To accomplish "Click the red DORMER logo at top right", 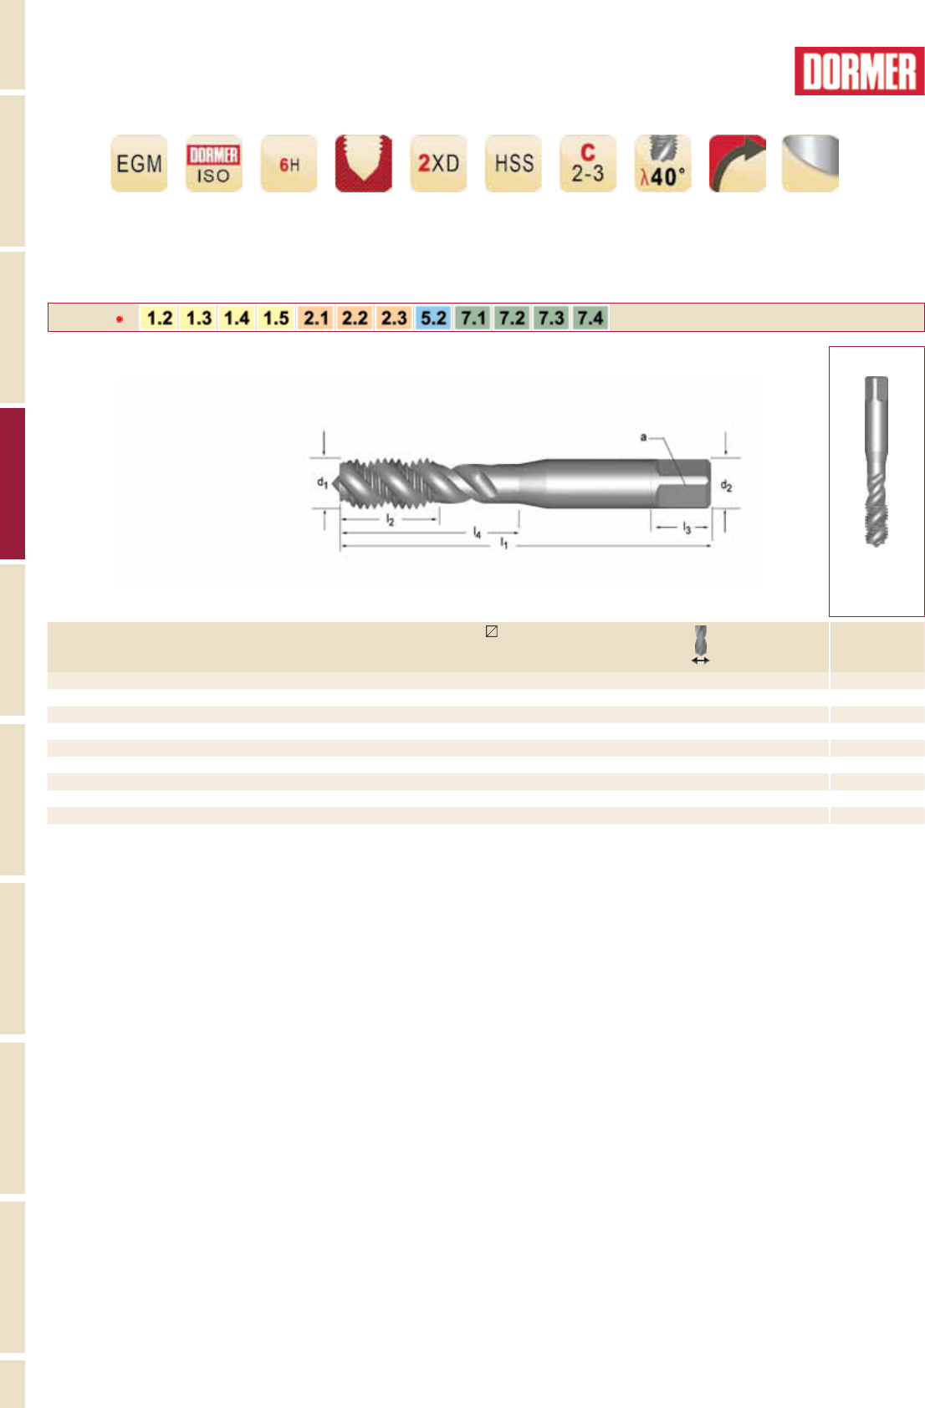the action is pos(859,71).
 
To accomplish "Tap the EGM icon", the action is pos(139,163).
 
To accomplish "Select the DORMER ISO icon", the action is pos(214,163).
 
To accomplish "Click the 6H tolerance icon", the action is pos(289,163).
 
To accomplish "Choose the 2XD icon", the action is pos(438,163).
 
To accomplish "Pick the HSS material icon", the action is pos(514,163).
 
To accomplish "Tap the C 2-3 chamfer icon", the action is pos(588,163).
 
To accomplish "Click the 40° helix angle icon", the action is pos(662,163).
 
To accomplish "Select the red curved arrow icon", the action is pos(738,163).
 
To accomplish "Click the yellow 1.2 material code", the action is pos(159,318).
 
